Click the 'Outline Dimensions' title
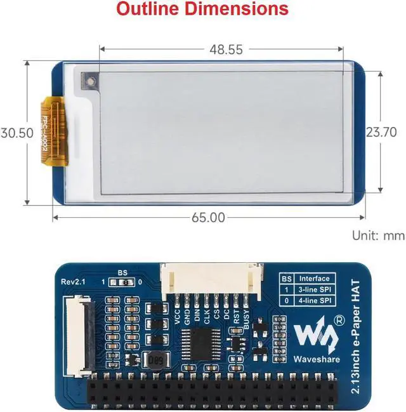202,10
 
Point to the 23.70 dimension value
381,132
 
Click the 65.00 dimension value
208,217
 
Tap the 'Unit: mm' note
378,236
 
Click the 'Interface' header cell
315,278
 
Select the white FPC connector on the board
74,334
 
